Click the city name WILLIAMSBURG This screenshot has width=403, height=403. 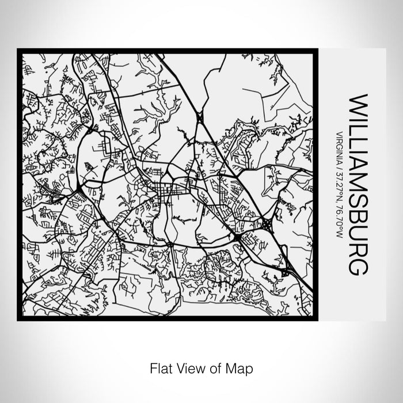coord(356,184)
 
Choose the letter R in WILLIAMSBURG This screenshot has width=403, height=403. coord(356,252)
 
